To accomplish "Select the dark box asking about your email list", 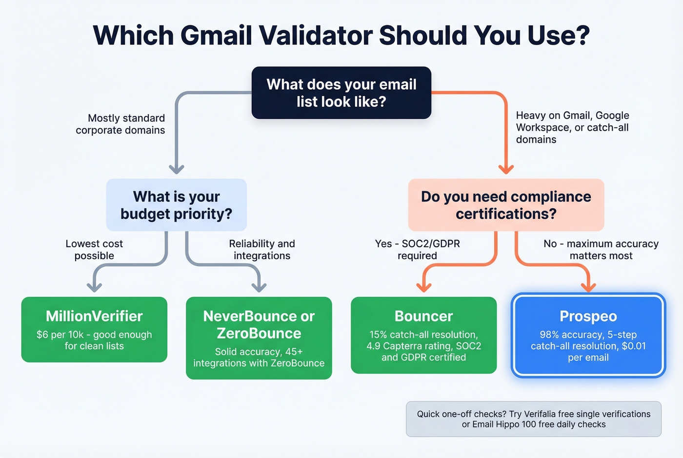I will (341, 93).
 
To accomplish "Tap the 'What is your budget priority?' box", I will (176, 205).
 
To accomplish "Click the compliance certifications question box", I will (506, 205).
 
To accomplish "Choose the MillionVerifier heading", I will (94, 316).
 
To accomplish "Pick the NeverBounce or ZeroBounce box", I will (259, 338).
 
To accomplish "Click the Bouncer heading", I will (423, 316).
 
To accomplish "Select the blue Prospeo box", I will (588, 336).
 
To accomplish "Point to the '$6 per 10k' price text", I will (60, 335).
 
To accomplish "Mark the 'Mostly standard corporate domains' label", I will (121, 124).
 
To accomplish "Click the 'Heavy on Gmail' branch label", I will (572, 127).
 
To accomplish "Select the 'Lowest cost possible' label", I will (94, 249).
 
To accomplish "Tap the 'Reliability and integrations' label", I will (262, 249).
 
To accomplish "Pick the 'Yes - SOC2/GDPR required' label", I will (417, 249).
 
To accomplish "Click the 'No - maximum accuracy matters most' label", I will (601, 249).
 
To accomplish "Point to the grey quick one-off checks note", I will (533, 419).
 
